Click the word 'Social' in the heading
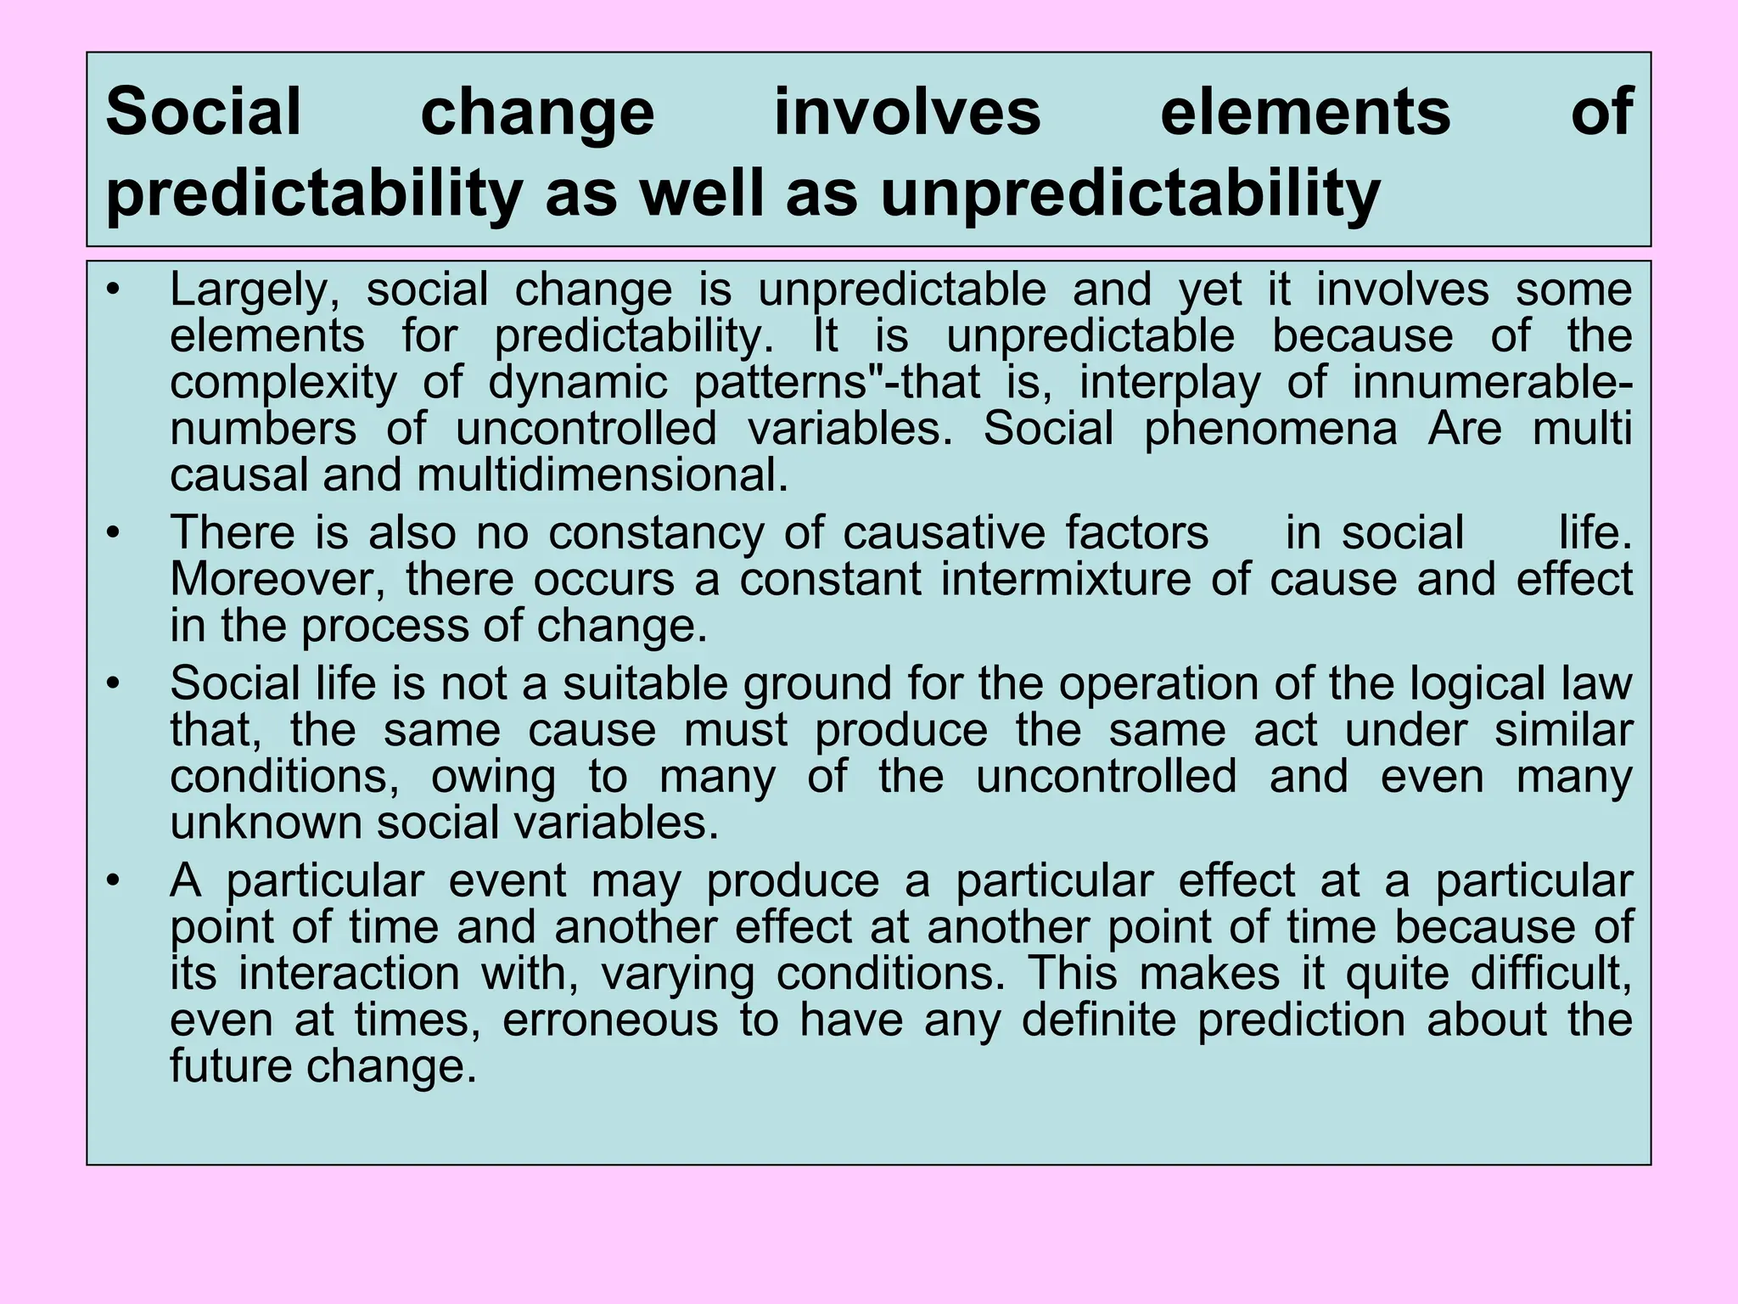pos(204,112)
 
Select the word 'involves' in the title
pos(906,112)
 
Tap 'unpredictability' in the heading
pos(1130,194)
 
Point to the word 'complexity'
pos(283,383)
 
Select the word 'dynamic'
pos(578,383)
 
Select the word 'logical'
pos(1476,684)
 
